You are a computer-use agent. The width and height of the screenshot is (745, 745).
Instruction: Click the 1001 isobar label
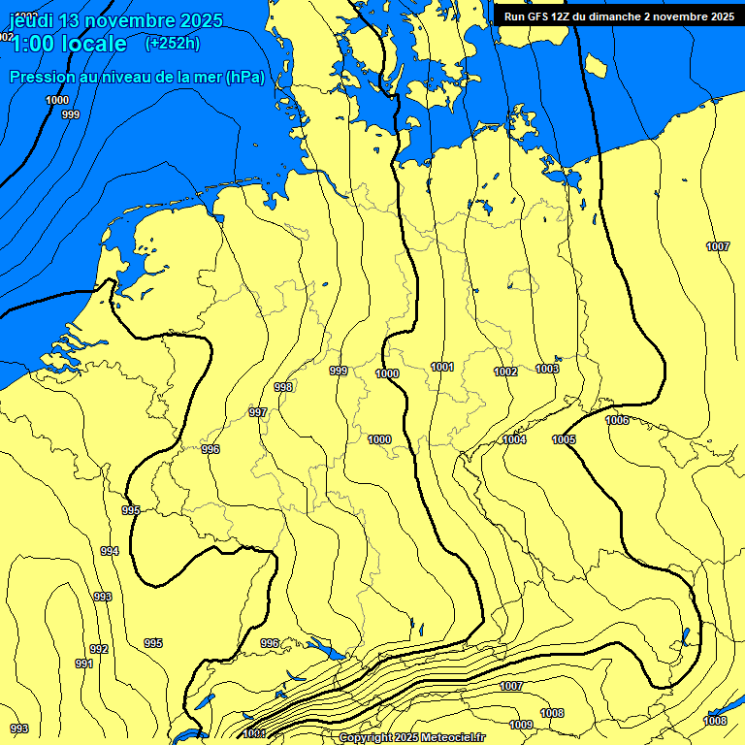[x=442, y=367]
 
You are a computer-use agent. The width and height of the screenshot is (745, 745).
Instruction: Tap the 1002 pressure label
[x=505, y=372]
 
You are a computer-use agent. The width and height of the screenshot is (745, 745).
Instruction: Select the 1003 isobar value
[x=547, y=369]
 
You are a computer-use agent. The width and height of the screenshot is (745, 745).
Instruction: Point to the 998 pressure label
[x=283, y=387]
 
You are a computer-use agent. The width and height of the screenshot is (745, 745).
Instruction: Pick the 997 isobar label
[x=258, y=412]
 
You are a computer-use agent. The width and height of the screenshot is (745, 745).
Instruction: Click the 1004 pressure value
[x=514, y=439]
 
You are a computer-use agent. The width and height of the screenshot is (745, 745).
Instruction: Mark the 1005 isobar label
[x=564, y=439]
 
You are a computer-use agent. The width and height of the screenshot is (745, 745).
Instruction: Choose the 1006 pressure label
[x=617, y=420]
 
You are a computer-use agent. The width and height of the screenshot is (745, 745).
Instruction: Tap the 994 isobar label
[x=110, y=551]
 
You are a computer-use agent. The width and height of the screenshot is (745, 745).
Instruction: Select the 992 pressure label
[x=99, y=649]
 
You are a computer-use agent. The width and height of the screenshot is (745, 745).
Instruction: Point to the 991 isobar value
[x=84, y=664]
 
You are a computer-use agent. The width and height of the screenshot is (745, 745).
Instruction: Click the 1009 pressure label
[x=521, y=725]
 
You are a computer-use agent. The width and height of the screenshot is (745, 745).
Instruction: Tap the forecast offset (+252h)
[x=173, y=43]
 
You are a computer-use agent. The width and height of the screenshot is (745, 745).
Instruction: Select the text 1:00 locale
[x=69, y=44]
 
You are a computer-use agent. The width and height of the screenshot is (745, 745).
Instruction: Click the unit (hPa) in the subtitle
[x=244, y=77]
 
